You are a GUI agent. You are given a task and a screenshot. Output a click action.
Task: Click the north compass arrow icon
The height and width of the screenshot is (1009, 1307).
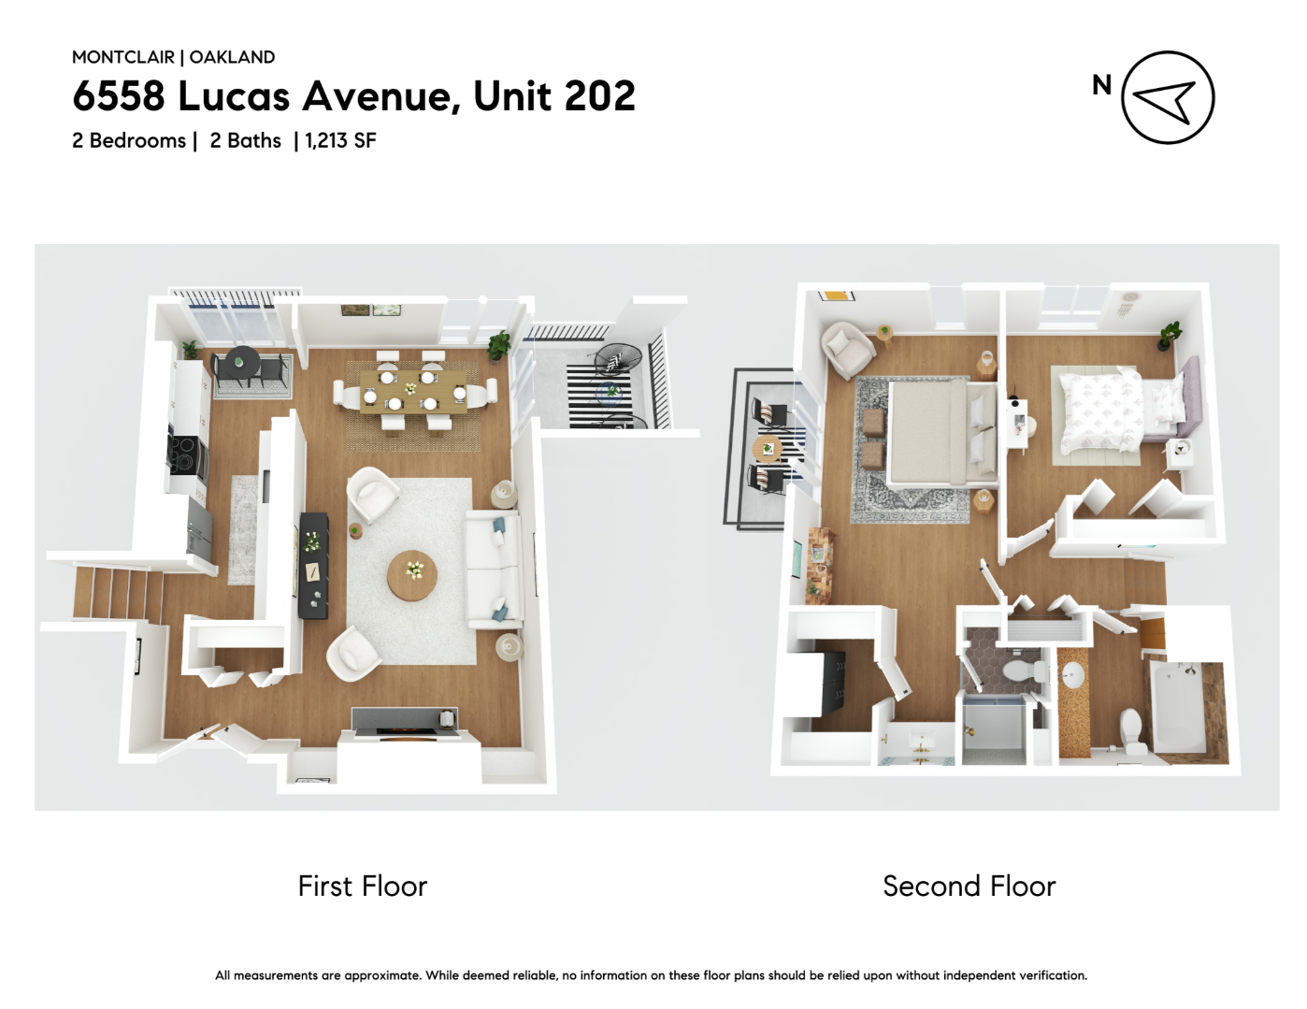[x=1167, y=97]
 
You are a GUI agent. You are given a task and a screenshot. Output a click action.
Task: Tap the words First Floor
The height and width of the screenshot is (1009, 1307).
[x=362, y=886]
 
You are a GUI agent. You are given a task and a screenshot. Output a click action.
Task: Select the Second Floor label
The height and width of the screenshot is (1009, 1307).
[x=969, y=886]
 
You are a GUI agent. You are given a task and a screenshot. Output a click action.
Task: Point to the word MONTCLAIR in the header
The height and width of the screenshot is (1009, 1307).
[x=123, y=57]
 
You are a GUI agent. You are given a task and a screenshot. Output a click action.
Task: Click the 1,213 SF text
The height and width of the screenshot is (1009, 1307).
[x=340, y=140]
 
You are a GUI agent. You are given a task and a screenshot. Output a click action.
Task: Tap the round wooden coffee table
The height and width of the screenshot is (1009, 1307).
[x=412, y=575]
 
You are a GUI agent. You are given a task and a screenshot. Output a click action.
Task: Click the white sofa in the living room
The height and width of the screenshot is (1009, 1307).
[x=494, y=569]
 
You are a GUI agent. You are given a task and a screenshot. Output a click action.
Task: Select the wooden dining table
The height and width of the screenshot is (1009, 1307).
[x=412, y=391]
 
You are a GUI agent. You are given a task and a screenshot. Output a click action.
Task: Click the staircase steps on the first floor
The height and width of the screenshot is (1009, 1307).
[x=118, y=594]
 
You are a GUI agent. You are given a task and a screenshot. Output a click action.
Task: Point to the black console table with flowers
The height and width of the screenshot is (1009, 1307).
[x=313, y=565]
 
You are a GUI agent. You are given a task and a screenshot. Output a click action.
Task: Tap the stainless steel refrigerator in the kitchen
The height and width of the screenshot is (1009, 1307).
[x=199, y=526]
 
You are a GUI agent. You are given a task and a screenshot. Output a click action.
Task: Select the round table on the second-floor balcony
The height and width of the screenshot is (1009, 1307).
[x=768, y=447]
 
